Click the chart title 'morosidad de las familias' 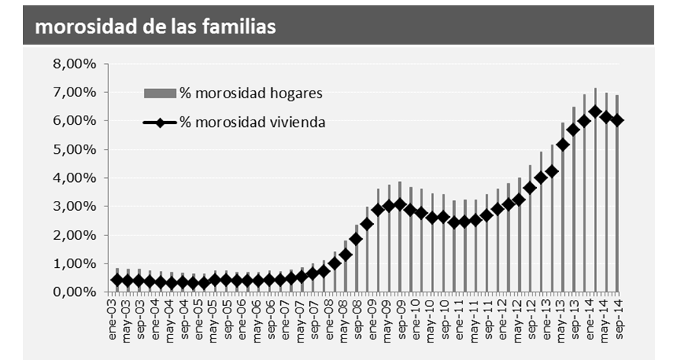155,27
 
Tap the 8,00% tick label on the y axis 75,64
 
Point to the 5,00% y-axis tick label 75,150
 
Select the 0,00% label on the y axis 75,292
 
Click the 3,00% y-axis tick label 75,207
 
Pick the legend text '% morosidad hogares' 251,94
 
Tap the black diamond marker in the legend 161,122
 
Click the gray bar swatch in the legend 160,94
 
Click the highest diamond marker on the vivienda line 596,112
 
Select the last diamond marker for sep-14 618,120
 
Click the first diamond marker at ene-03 117,280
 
